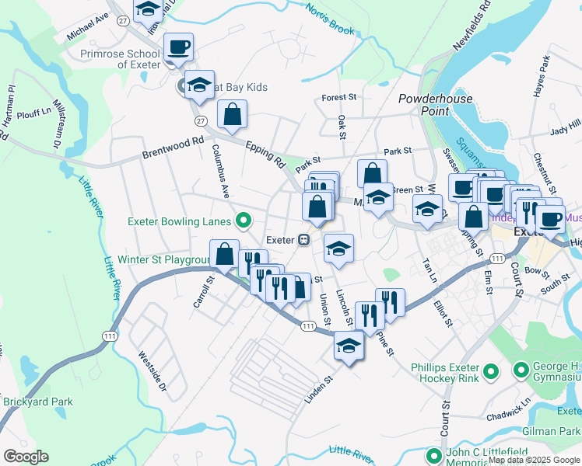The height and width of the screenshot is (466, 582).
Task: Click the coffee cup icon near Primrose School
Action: (178, 48)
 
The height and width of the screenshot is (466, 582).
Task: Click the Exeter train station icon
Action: (306, 239)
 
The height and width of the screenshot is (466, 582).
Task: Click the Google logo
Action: (26, 457)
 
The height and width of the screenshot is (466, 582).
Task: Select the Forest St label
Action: (338, 98)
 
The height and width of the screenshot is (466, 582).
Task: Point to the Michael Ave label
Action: (88, 27)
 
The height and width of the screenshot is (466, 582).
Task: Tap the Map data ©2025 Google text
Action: (534, 460)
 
